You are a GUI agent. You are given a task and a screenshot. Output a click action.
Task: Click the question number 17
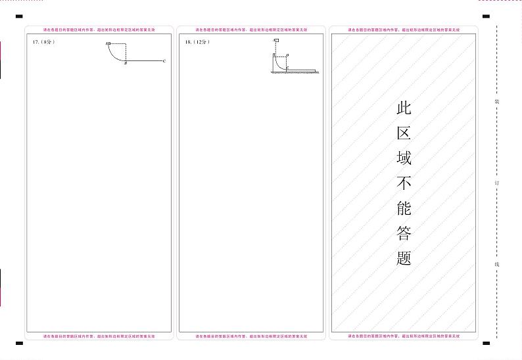pos(36,41)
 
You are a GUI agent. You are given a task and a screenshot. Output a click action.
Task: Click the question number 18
pos(189,41)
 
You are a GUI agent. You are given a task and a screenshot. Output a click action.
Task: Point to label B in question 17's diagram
pos(126,64)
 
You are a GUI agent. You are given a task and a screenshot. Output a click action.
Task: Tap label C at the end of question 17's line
pos(164,60)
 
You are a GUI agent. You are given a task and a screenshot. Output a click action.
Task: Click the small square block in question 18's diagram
pos(277,41)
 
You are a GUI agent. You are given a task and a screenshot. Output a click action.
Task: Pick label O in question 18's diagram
pos(287,55)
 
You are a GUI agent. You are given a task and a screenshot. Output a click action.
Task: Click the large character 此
pos(404,108)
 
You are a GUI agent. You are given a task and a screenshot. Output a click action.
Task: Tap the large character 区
pos(404,133)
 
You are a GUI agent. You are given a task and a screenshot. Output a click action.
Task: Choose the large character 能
pos(404,208)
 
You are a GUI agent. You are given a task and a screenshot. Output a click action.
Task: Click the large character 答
pos(404,233)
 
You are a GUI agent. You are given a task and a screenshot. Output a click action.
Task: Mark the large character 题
pos(404,258)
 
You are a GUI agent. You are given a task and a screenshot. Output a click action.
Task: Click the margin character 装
pos(497,102)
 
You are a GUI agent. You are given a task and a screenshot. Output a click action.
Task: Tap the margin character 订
pos(497,183)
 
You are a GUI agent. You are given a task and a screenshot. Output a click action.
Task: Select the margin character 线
pos(497,264)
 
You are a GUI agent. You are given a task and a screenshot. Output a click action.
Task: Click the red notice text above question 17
pos(99,30)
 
